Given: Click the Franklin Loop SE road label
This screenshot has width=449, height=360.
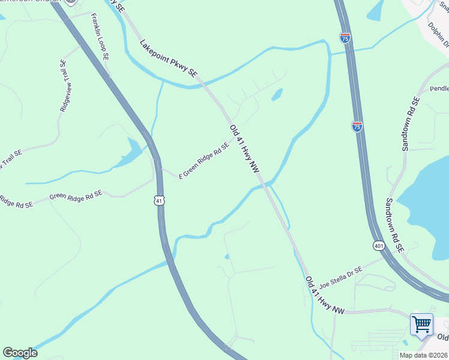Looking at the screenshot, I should [x=100, y=37].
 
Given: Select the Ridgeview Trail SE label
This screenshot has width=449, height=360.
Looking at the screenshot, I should [x=65, y=85].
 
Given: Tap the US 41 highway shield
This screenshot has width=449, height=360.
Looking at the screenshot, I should [x=158, y=200].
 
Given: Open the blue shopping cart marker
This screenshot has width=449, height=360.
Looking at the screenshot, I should [x=421, y=325].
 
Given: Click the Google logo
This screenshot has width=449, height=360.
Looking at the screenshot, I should [x=20, y=353].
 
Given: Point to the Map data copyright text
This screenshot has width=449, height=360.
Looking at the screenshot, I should [x=424, y=355].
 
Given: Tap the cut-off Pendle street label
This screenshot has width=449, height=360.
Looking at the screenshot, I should [x=439, y=88].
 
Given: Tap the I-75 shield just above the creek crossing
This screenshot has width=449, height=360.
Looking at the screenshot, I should [x=345, y=38].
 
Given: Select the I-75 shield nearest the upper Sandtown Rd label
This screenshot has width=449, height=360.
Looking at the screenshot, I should [x=357, y=126].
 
